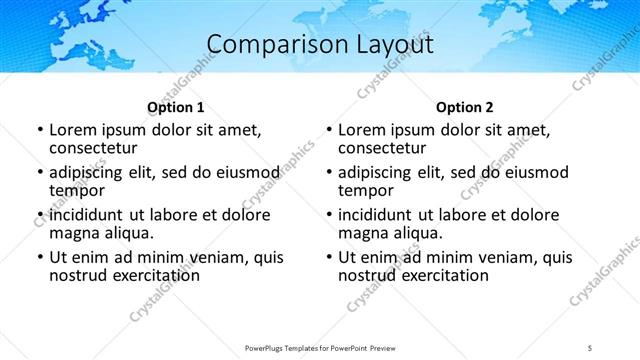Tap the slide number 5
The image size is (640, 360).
pos(590,348)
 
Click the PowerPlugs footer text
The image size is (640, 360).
pos(319,348)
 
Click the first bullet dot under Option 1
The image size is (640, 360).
pos(40,131)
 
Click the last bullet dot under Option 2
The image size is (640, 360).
pos(329,258)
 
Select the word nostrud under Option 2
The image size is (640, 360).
pos(368,275)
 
